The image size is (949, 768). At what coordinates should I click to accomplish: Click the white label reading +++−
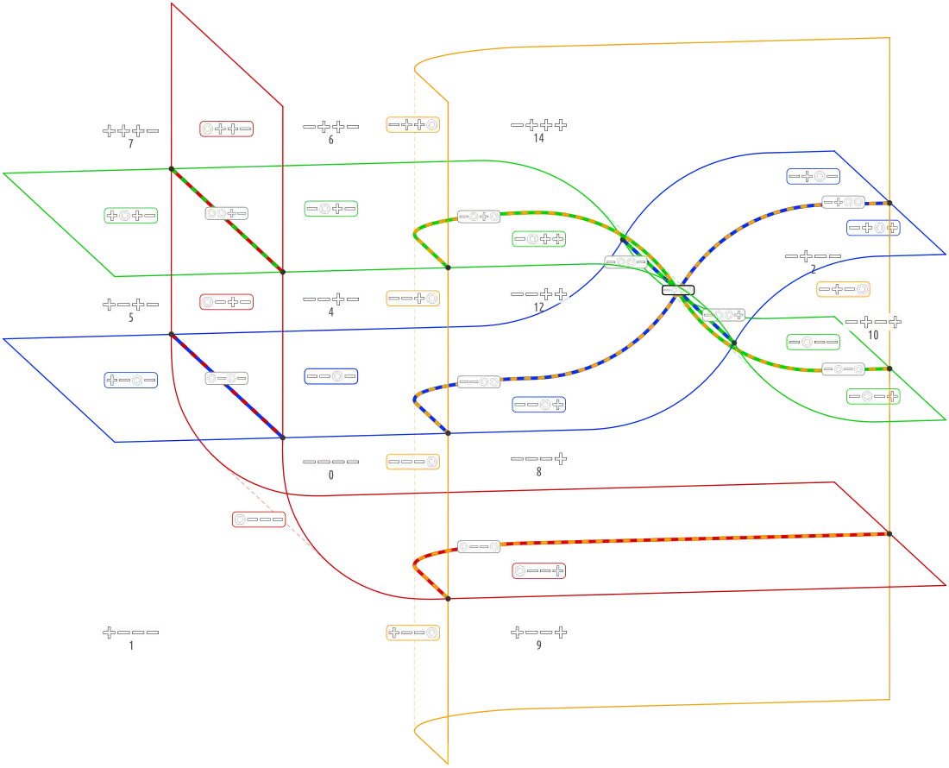click(131, 130)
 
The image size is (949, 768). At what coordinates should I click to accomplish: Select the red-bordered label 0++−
click(226, 129)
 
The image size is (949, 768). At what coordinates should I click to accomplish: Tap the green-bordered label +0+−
click(131, 216)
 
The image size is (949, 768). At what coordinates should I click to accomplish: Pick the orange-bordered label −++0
click(413, 125)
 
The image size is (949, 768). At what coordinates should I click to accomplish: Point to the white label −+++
click(538, 125)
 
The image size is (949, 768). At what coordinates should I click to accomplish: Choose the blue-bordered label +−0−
click(131, 380)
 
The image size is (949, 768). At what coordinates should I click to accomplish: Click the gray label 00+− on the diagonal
click(226, 212)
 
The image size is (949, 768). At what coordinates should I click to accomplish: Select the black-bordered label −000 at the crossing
click(678, 290)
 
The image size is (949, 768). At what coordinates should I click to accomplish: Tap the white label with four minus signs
click(331, 462)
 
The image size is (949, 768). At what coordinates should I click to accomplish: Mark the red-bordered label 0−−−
click(259, 519)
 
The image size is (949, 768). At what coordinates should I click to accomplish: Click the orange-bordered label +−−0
click(413, 632)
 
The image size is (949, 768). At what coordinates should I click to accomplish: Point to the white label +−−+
click(538, 632)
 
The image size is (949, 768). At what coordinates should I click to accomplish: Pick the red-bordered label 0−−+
click(538, 570)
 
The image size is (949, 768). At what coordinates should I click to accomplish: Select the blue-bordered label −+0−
click(814, 176)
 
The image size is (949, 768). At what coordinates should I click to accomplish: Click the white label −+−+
click(873, 322)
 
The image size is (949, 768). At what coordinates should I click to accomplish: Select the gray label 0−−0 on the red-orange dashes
click(478, 546)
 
